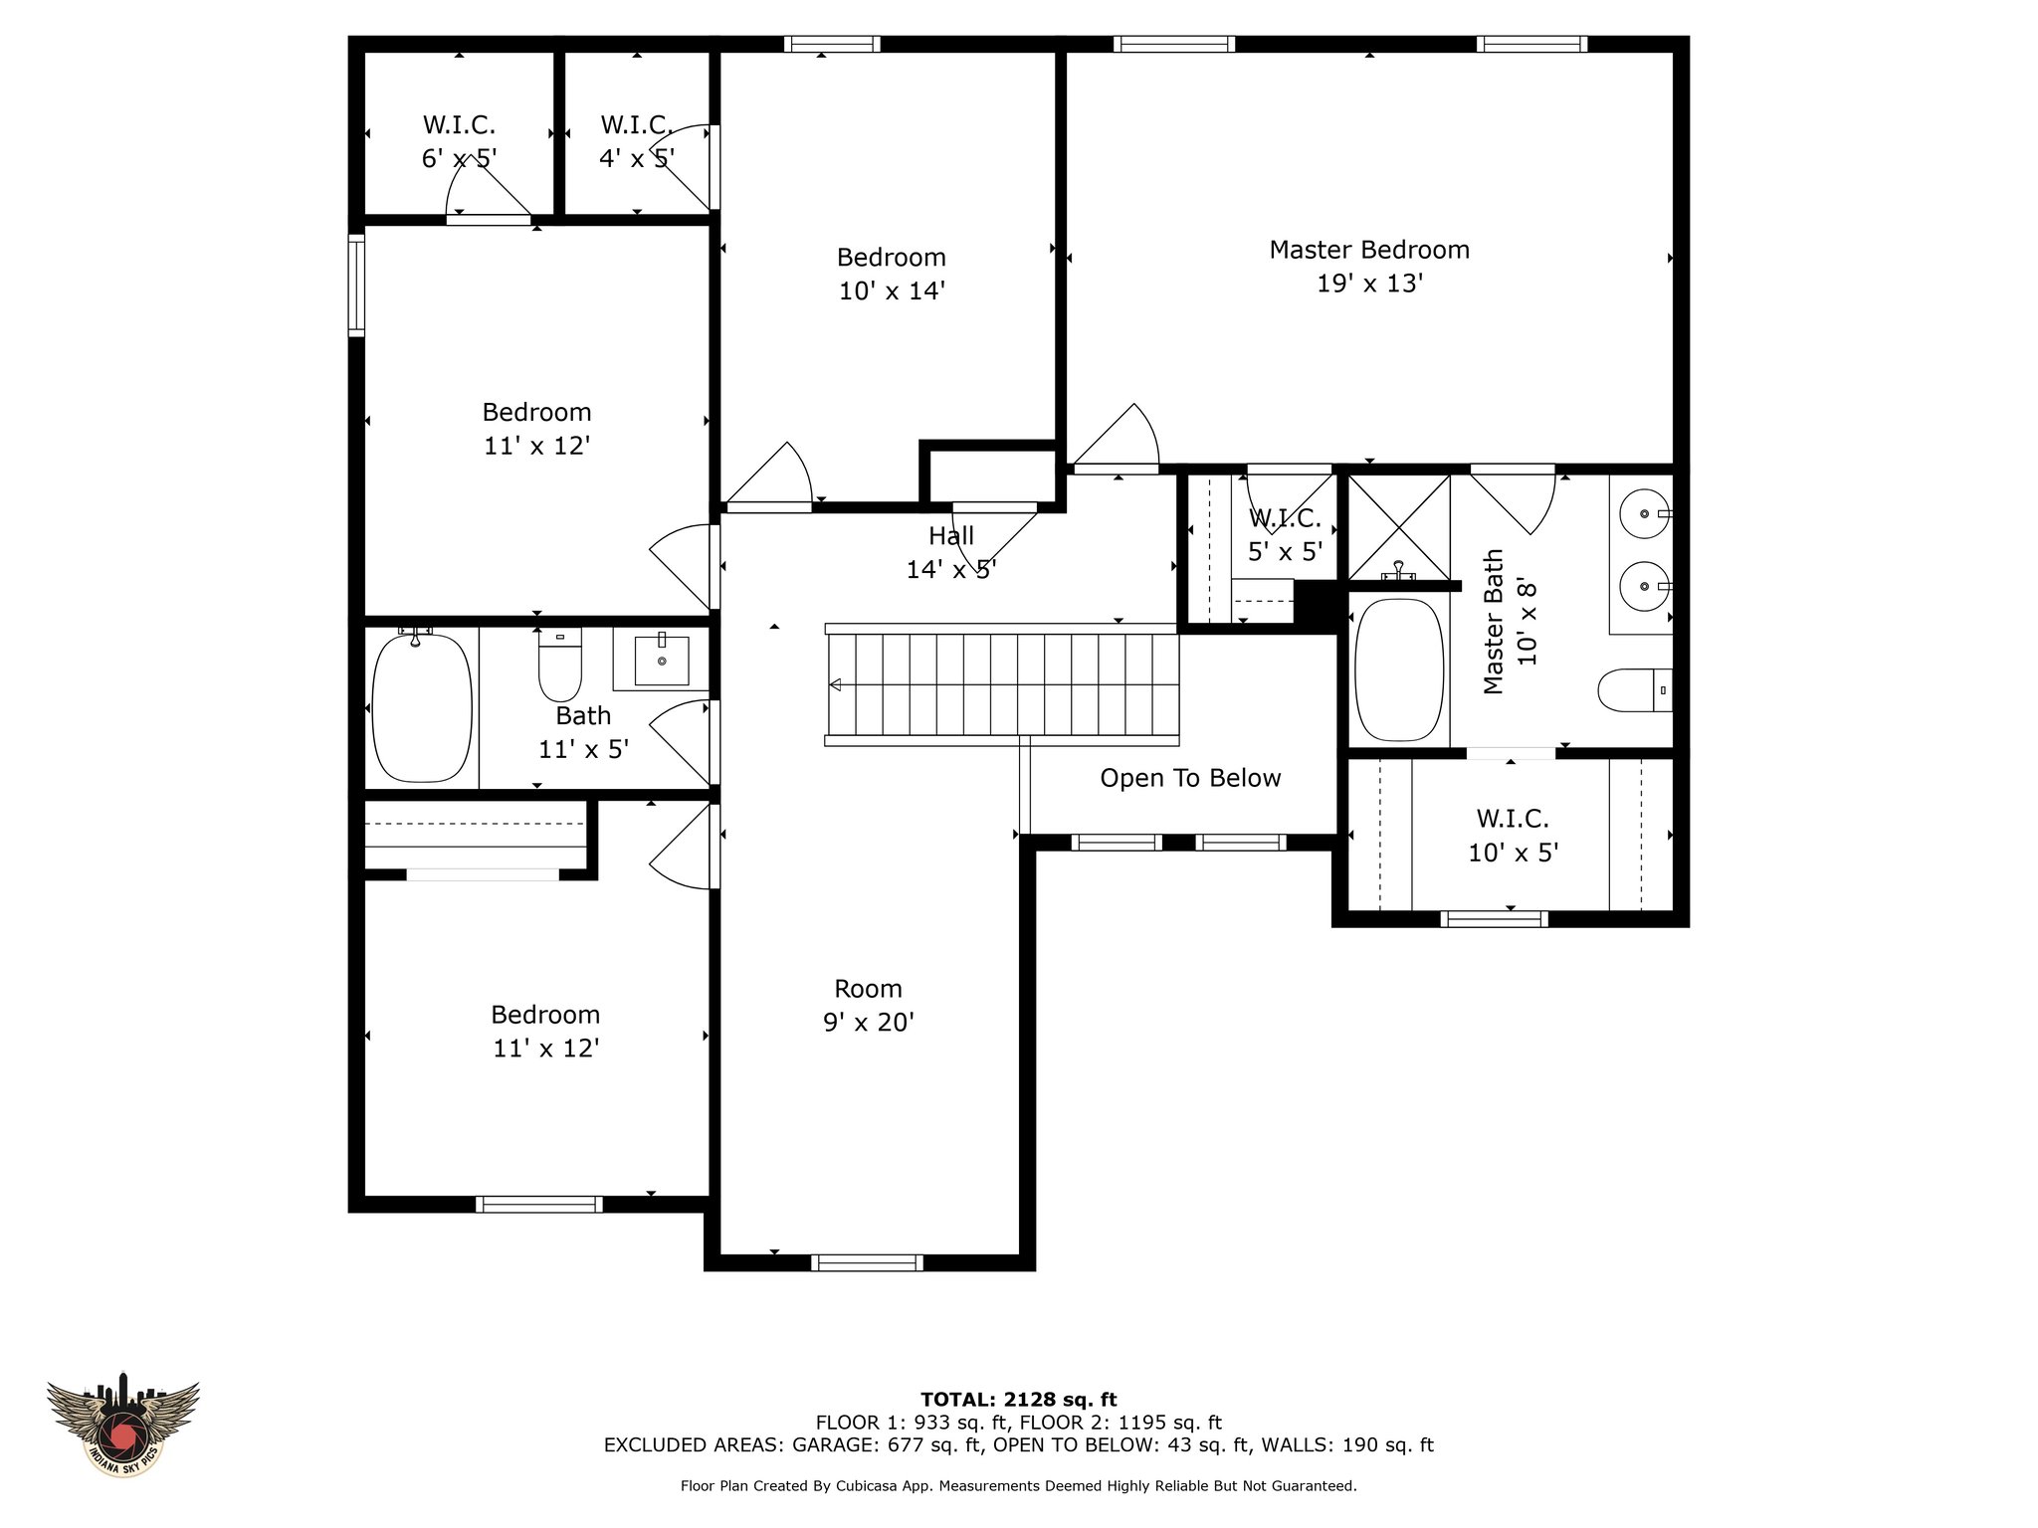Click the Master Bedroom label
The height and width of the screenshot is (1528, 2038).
1368,250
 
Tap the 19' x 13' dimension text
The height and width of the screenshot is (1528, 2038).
1369,284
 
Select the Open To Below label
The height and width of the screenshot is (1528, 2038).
1190,778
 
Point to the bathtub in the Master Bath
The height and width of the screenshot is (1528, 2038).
1398,669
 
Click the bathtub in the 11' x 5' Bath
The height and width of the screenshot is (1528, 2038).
421,708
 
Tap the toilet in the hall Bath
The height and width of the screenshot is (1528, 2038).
559,669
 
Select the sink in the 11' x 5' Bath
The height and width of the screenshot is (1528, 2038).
661,661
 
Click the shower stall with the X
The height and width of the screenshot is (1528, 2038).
1398,527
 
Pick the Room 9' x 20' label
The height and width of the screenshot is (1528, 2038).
868,1005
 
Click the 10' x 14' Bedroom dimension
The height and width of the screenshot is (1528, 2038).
891,290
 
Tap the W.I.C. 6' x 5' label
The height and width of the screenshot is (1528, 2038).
459,141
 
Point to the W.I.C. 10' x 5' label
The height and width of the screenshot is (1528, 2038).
1513,836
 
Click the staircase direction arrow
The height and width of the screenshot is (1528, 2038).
836,684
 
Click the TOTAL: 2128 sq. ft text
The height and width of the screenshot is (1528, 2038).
1018,1400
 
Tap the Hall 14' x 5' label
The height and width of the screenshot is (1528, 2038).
950,552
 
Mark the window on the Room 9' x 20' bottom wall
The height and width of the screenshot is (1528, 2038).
867,1262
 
